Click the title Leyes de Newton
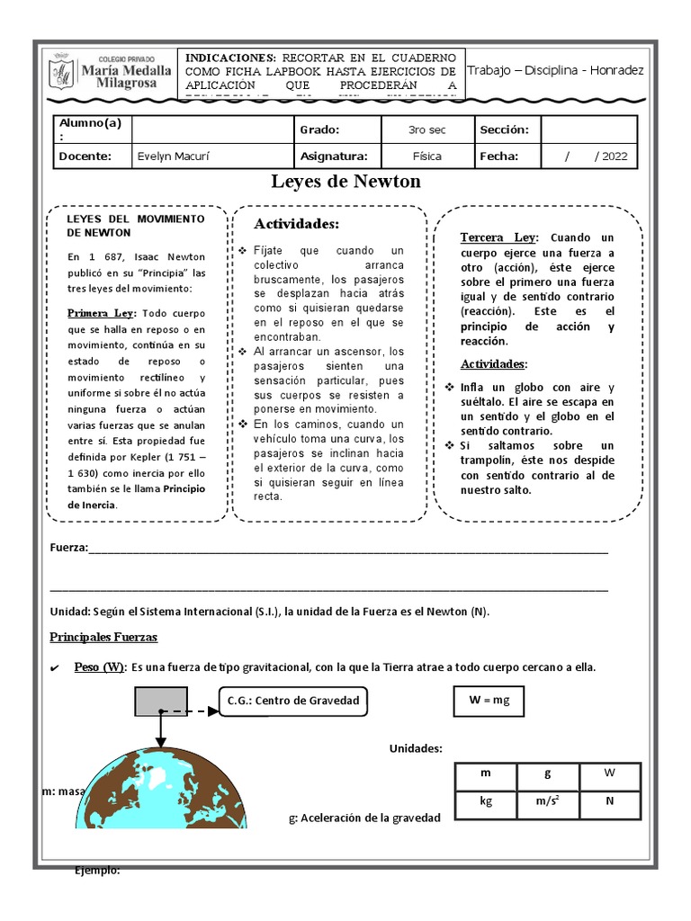tap(346, 182)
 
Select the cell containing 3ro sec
tap(427, 130)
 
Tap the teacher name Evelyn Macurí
tap(169, 156)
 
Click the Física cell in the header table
tap(427, 156)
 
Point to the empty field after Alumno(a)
tap(212, 130)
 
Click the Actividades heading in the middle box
tap(296, 223)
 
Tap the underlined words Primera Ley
tap(101, 313)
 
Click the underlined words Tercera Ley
tap(498, 237)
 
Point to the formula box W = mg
tap(489, 701)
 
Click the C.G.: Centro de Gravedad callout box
tap(292, 701)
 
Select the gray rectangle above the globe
tap(162, 700)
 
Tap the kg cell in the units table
tap(486, 801)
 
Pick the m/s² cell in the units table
tap(547, 801)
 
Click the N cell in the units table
tap(609, 801)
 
